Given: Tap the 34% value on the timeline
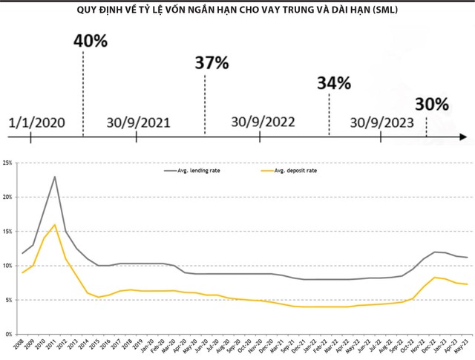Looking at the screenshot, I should click(333, 82).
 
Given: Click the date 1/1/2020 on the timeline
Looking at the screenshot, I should click(37, 122).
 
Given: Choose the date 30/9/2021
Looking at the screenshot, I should click(138, 122).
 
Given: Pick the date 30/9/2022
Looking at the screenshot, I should click(263, 122).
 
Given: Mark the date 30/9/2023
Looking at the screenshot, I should click(381, 122).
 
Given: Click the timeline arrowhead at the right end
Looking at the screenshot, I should click(462, 137).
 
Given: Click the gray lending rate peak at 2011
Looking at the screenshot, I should click(55, 177).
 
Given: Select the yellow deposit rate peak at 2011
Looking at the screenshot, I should click(55, 224).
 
